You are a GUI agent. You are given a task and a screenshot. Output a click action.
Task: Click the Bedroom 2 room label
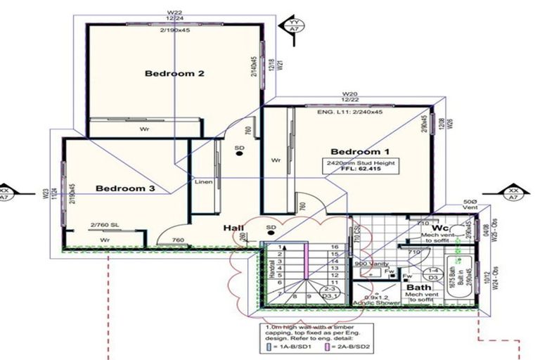pos(174,73)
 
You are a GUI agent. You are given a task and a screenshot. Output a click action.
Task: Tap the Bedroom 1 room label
pos(359,152)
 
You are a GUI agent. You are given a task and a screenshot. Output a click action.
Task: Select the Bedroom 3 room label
pos(125,188)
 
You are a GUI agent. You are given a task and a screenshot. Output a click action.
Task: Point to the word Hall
pos(234,229)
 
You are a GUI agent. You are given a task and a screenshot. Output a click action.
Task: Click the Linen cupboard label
pos(202,182)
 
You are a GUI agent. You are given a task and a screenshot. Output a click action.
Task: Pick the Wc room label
pos(442,229)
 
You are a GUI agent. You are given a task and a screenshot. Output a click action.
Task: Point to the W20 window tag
pos(350,94)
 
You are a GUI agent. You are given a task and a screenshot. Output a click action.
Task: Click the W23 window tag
pos(45,193)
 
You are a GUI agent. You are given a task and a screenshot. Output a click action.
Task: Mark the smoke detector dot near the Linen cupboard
pos(239,155)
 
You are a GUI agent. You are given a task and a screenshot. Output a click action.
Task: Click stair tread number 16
pos(335,247)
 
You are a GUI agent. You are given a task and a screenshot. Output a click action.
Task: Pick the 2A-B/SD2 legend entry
pos(349,347)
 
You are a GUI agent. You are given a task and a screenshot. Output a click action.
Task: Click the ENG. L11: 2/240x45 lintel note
pos(350,112)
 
